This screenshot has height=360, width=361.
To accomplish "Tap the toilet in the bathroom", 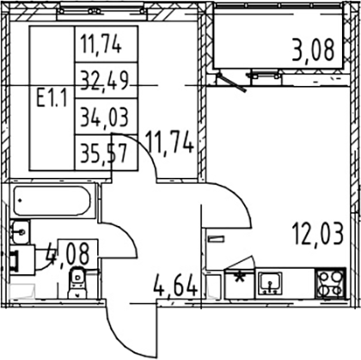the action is (77, 282).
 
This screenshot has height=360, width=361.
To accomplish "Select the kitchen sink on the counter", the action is (270, 284).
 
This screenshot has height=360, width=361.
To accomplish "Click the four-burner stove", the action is (331, 283).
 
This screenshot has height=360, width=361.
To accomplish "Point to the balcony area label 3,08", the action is (313, 51).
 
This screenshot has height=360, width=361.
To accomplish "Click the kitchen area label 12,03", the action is (318, 235).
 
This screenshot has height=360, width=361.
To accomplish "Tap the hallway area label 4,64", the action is (175, 284).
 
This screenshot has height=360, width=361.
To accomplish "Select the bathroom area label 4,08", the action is (69, 253).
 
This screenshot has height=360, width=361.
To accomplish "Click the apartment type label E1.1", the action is (52, 97).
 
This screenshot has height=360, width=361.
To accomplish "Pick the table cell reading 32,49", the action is (104, 81).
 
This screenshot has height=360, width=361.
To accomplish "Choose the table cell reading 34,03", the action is (104, 117).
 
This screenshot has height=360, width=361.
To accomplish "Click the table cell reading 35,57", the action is (103, 153).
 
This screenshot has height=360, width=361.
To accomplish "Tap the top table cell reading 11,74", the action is (101, 45).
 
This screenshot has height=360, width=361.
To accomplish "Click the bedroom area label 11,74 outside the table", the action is (169, 142).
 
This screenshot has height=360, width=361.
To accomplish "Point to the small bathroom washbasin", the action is (20, 231).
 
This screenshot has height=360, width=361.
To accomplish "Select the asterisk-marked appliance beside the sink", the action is (239, 284).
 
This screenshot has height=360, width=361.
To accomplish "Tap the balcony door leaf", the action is (232, 82).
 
